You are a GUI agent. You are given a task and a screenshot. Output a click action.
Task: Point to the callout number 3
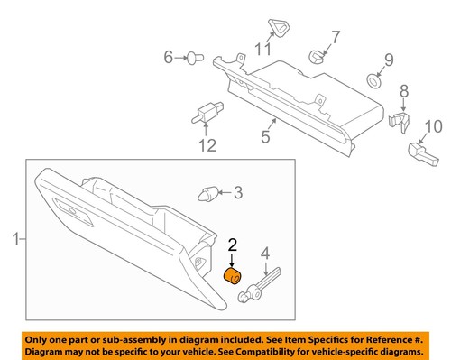[238, 192]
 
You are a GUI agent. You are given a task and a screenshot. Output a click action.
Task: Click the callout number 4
[265, 254]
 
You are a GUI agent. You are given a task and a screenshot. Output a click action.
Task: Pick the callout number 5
[266, 138]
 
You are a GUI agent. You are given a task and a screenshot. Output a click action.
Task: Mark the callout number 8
[403, 90]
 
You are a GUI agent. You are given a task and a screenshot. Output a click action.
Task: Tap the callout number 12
[207, 145]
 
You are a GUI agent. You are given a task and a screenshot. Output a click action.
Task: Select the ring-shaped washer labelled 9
[373, 82]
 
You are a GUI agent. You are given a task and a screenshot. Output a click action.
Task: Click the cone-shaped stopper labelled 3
[208, 192]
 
